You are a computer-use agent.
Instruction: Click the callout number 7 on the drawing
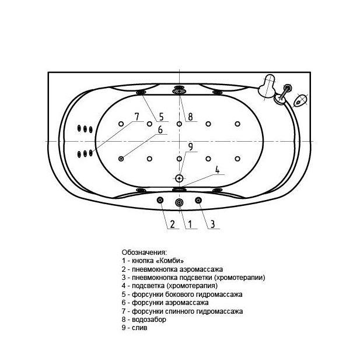[137, 117]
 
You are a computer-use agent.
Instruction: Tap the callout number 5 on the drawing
[161, 117]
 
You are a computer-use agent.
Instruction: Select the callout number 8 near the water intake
[190, 117]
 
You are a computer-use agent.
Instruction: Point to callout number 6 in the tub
[160, 129]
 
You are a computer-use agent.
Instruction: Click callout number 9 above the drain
[190, 147]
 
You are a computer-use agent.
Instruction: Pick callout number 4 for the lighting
[217, 170]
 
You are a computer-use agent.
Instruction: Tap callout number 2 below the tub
[172, 224]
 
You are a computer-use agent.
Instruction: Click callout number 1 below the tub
[190, 224]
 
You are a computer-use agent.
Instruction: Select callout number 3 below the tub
[212, 224]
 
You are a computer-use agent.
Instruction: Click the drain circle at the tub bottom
[179, 178]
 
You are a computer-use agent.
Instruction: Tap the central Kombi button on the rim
[179, 202]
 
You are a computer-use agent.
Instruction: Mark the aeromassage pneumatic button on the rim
[160, 200]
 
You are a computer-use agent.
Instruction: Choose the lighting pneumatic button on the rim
[198, 200]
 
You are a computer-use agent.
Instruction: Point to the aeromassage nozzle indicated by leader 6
[121, 159]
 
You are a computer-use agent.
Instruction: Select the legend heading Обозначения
[144, 253]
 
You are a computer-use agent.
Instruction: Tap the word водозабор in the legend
[149, 320]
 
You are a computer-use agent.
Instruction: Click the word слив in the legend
[139, 328]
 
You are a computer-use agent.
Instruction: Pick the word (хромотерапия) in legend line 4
[192, 286]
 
